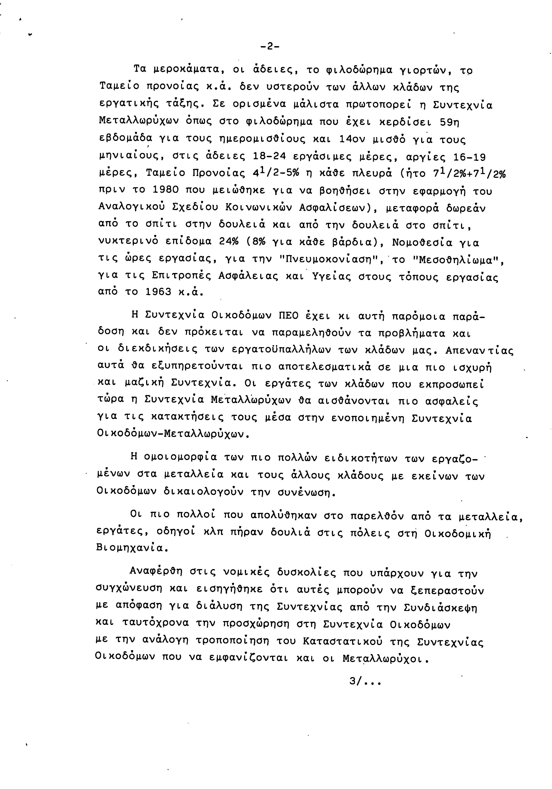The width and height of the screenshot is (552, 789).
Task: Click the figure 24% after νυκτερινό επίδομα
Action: click(x=228, y=242)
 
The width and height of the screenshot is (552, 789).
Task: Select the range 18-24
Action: click(x=269, y=157)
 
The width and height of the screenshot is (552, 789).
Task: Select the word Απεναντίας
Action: click(x=479, y=351)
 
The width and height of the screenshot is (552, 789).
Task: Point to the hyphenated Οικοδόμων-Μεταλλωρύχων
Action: click(x=172, y=434)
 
